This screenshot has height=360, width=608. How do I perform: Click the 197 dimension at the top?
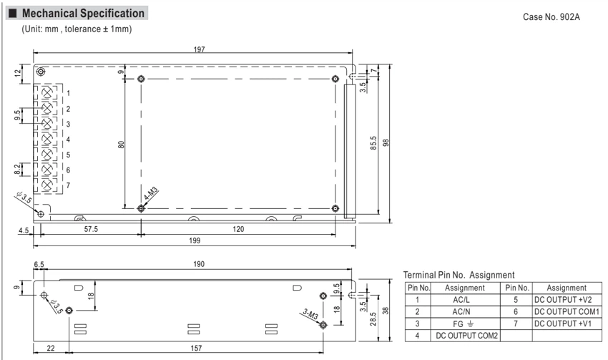(199, 49)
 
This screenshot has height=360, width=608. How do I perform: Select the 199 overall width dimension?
(195, 240)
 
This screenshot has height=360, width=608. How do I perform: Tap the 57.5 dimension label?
(91, 229)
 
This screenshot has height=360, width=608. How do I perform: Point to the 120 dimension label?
(238, 229)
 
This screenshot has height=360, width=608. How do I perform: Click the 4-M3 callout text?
(151, 193)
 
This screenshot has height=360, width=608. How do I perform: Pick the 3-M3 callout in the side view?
(310, 313)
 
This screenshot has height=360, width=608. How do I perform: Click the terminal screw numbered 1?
(47, 93)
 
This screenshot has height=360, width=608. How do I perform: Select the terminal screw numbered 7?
(47, 185)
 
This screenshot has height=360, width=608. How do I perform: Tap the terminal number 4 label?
(68, 140)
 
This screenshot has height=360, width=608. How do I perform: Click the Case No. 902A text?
(551, 16)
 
